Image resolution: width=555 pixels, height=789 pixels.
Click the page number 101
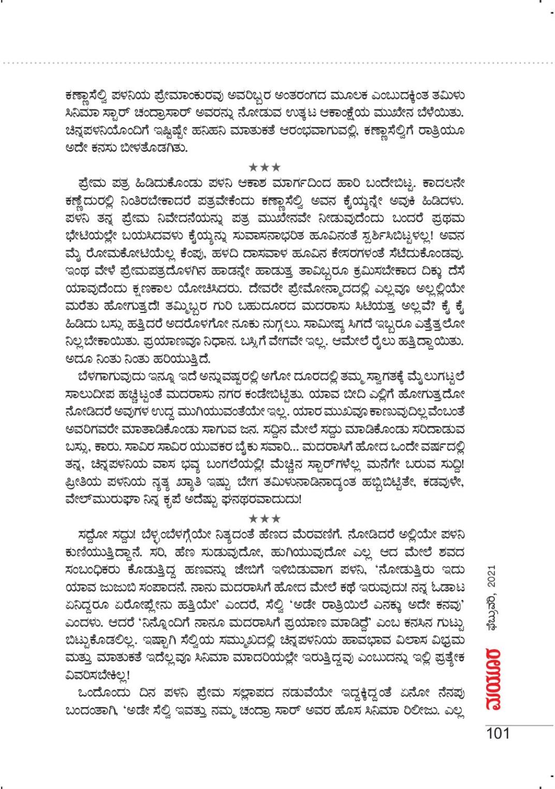click(498, 733)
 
